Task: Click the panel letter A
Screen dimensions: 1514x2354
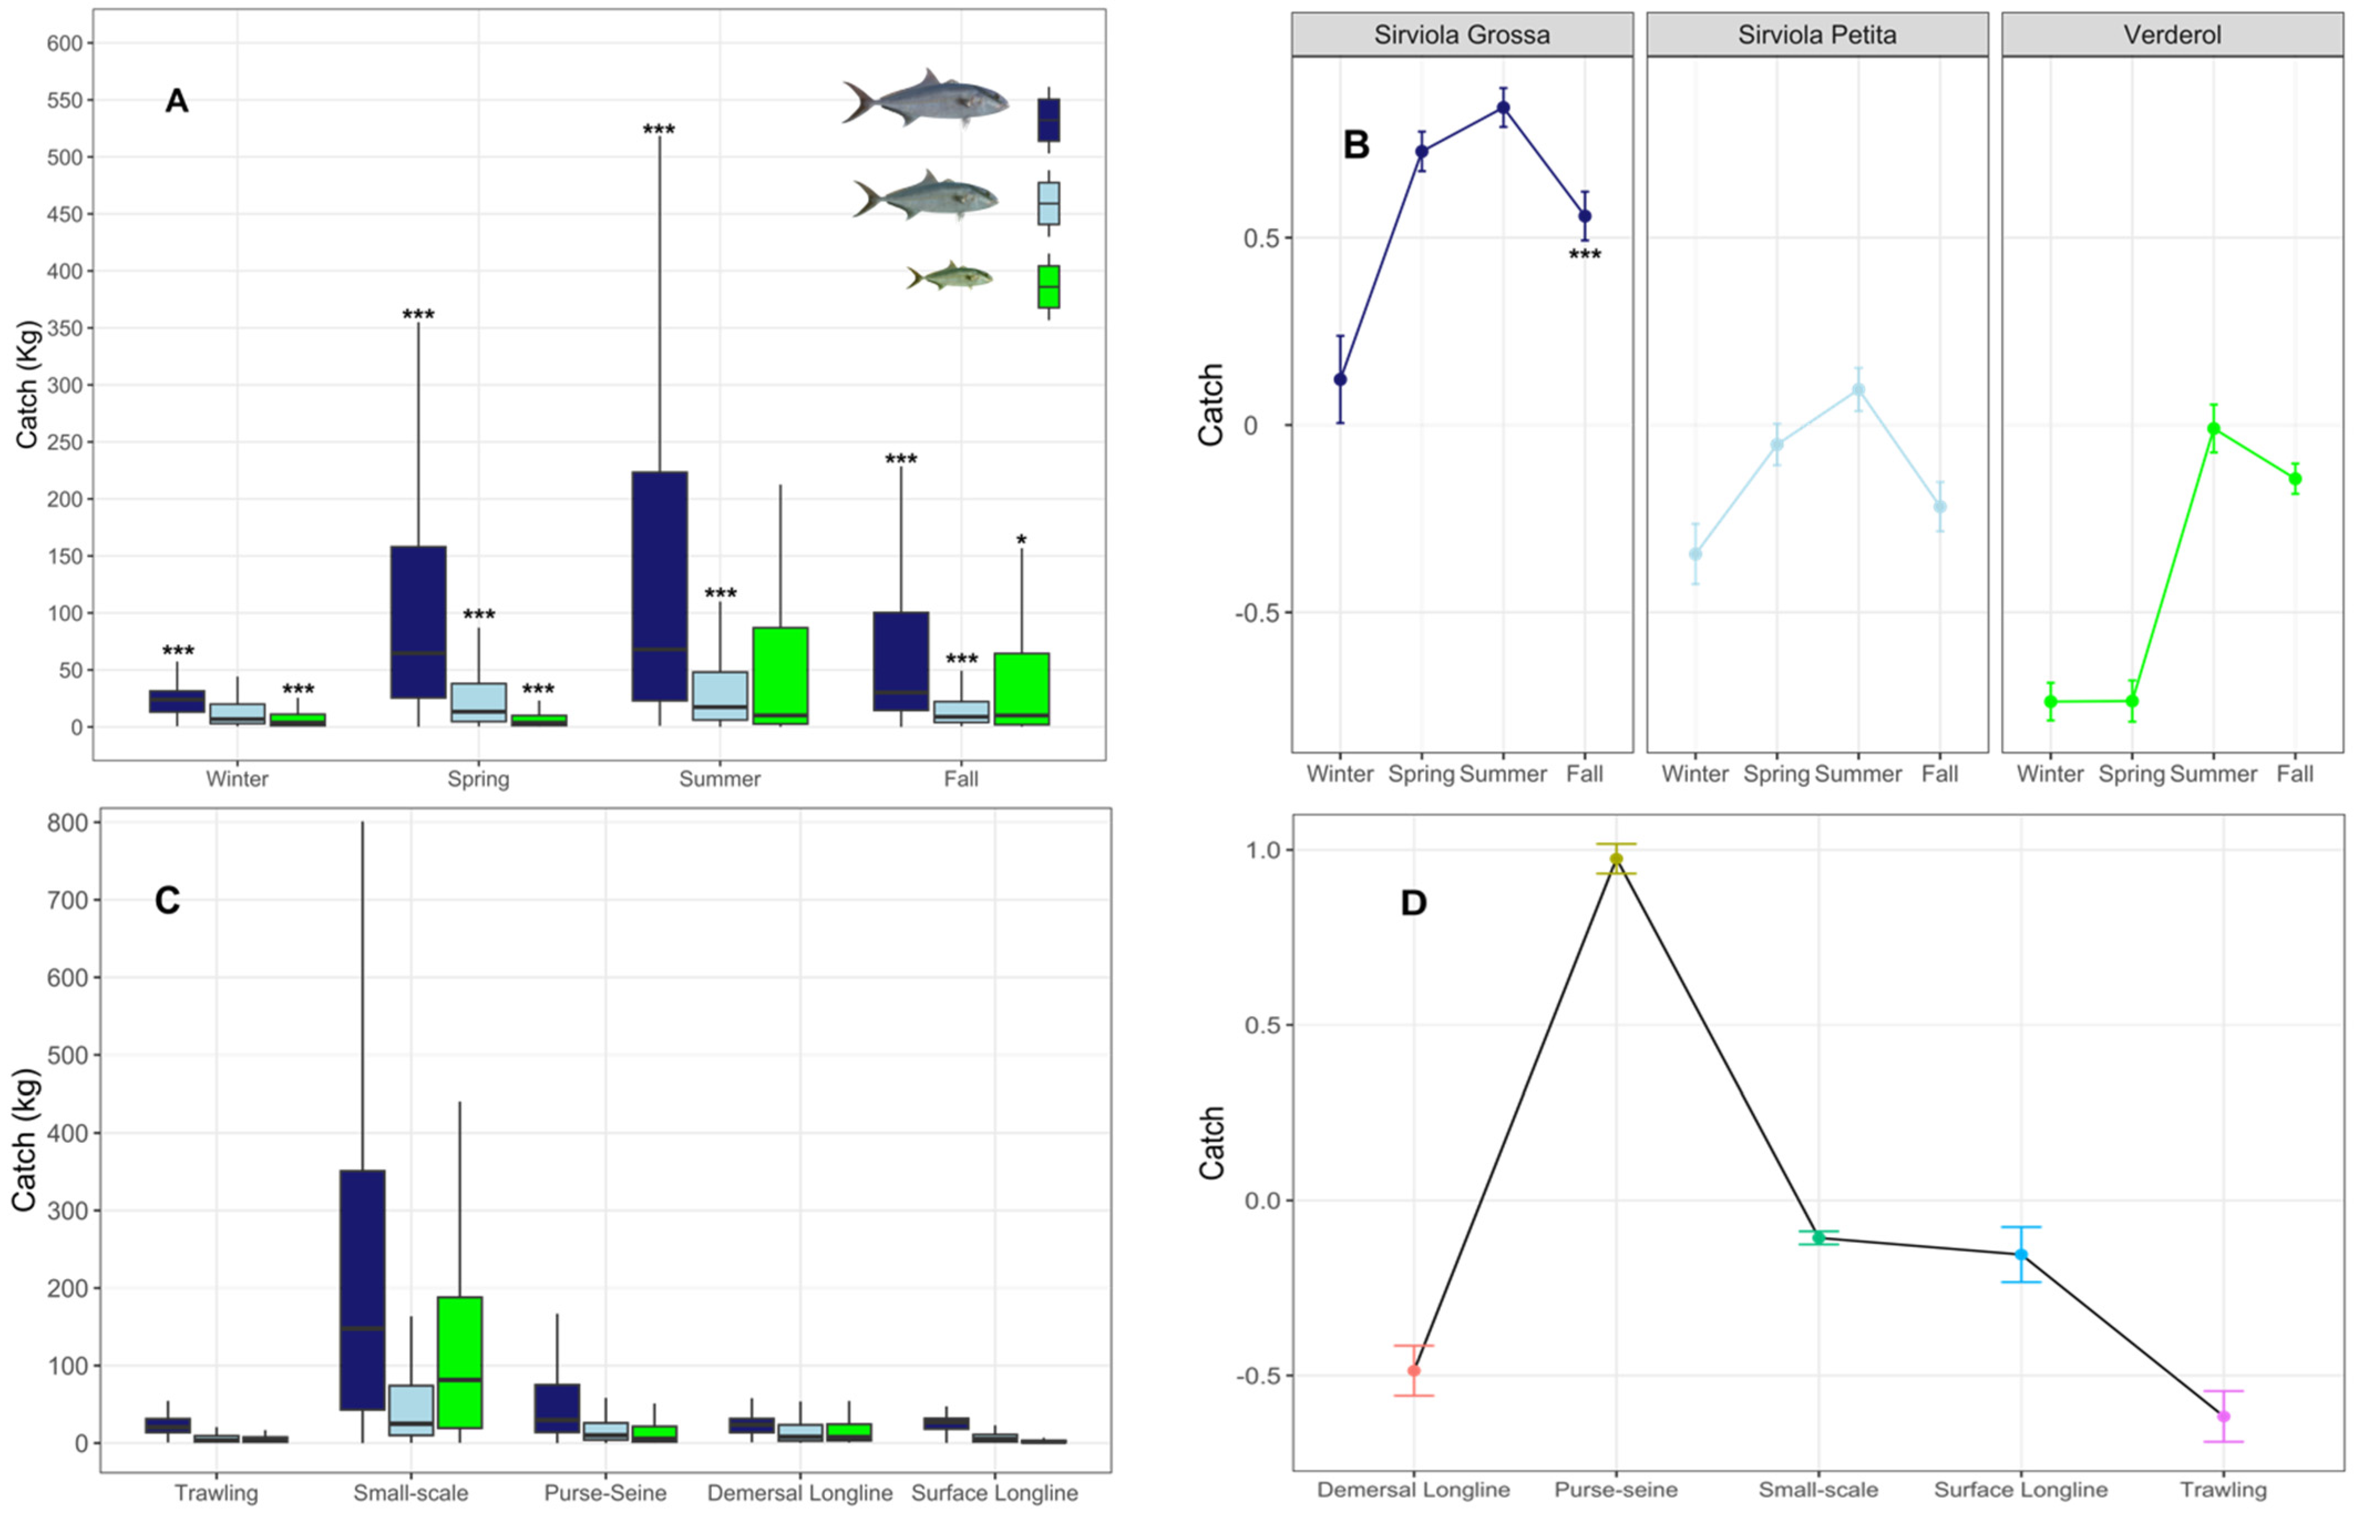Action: pyautogui.click(x=176, y=100)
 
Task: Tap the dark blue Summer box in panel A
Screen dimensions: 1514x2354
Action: pyautogui.click(x=660, y=586)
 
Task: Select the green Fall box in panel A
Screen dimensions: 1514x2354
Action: pyautogui.click(x=1021, y=688)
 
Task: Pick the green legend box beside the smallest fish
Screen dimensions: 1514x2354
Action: pyautogui.click(x=1048, y=286)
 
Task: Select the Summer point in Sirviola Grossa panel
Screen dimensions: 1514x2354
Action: pyautogui.click(x=1503, y=108)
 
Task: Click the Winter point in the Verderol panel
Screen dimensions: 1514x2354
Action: pyautogui.click(x=2050, y=701)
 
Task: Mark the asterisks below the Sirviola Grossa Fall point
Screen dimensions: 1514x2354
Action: pyautogui.click(x=1585, y=255)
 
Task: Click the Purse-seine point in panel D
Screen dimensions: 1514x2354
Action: pyautogui.click(x=1616, y=859)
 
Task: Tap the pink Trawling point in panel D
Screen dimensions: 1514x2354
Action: pyautogui.click(x=2223, y=1417)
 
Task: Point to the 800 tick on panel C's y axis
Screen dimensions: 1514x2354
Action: pyautogui.click(x=67, y=822)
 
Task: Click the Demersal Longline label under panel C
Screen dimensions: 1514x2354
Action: pyautogui.click(x=799, y=1492)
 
